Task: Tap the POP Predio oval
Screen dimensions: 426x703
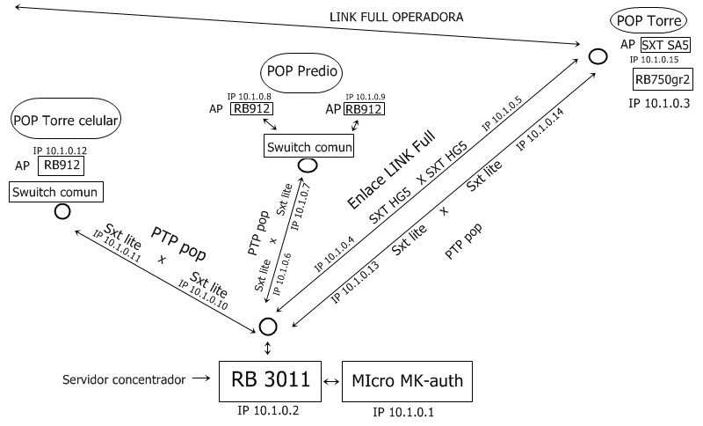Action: click(301, 70)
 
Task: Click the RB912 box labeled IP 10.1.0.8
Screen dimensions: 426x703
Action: click(251, 109)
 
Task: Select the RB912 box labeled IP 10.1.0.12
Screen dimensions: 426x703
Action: click(62, 164)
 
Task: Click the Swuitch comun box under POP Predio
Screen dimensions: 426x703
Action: click(308, 145)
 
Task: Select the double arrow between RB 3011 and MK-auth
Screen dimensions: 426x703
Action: click(331, 381)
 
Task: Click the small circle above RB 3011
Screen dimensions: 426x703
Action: click(268, 326)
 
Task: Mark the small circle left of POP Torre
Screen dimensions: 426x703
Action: click(598, 56)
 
